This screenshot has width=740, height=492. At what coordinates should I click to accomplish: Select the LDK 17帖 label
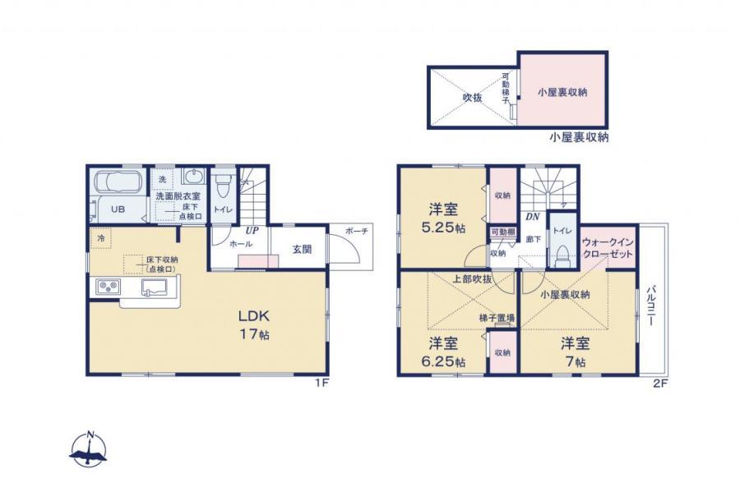254,324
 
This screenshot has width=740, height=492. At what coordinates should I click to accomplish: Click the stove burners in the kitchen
109,287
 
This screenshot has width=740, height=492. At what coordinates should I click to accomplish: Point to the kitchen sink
155,287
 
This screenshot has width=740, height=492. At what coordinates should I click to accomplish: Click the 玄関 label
302,249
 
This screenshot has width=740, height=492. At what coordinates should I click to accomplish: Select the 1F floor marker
321,384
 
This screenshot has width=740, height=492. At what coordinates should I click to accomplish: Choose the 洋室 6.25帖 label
445,352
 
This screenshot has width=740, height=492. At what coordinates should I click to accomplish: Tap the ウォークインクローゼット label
608,249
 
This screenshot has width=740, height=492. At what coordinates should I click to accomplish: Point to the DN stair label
532,218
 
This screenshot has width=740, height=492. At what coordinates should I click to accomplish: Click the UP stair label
252,231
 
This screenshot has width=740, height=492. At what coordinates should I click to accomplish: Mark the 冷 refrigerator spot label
99,238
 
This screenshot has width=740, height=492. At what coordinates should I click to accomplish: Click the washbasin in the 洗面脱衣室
194,178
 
